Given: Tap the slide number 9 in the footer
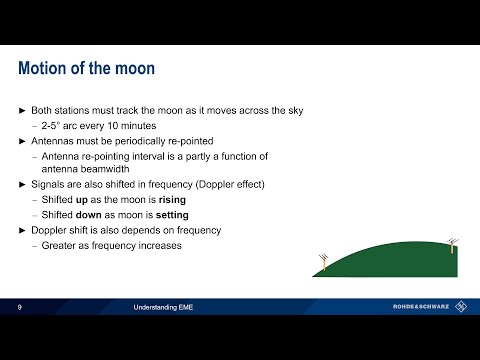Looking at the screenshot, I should click(20, 307).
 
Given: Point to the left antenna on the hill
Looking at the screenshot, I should click(323, 262).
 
